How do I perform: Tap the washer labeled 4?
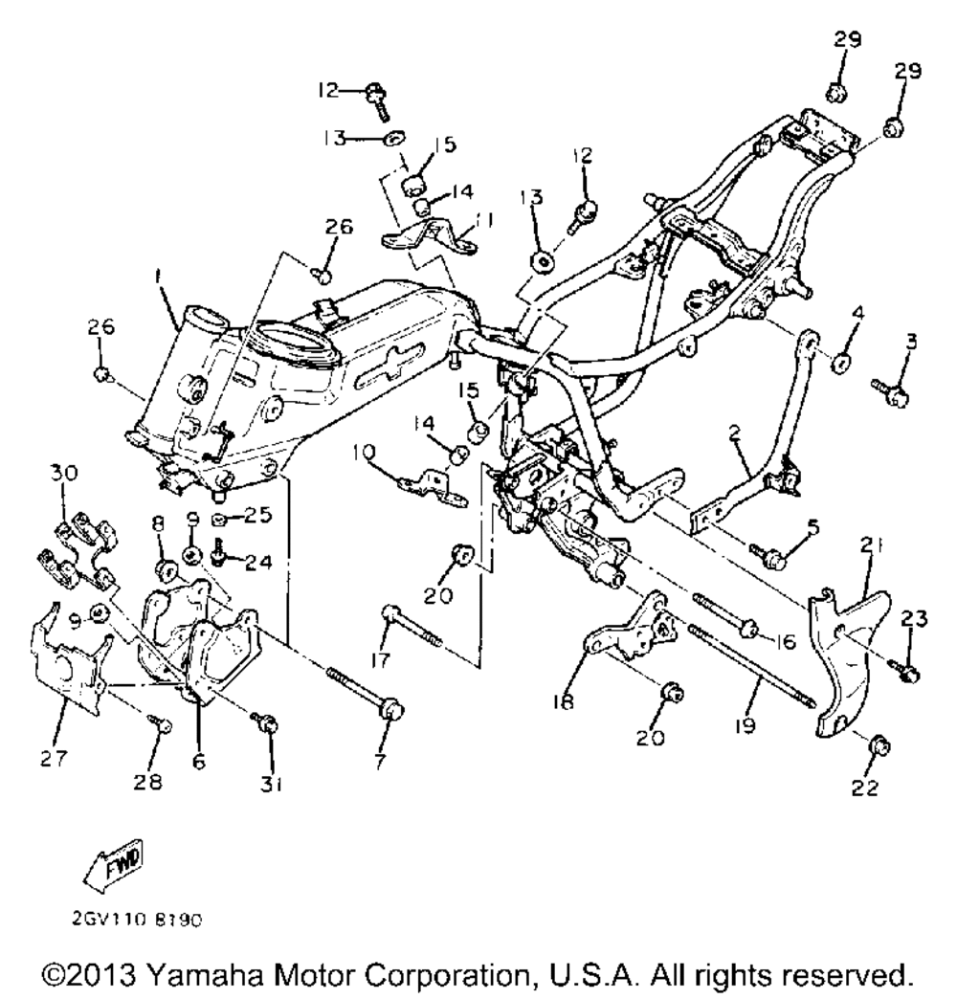(x=842, y=364)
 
